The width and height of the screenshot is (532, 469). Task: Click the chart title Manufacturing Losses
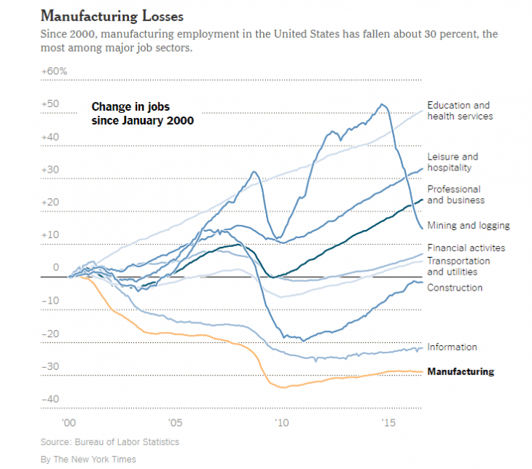[112, 15]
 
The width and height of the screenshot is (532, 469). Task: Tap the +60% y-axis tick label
[55, 71]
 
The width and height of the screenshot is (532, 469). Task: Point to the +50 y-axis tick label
[50, 104]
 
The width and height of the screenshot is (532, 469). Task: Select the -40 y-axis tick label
[50, 399]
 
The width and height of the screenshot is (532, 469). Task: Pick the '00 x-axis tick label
[69, 422]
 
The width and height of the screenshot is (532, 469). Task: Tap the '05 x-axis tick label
[175, 422]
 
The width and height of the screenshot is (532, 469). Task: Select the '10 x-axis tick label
[281, 422]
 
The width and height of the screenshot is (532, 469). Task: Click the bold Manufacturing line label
[460, 371]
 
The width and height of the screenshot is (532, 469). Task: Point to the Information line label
[452, 347]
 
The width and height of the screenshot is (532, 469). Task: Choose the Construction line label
[455, 288]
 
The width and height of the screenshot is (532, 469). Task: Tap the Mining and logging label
[468, 226]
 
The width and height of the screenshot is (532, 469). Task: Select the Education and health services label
[460, 111]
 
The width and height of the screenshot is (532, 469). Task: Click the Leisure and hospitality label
[453, 162]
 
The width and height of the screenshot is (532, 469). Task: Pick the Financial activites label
[466, 248]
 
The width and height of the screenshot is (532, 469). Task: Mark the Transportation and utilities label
[458, 267]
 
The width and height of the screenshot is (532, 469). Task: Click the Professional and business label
[455, 194]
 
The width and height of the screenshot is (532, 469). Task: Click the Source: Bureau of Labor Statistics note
[109, 442]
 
